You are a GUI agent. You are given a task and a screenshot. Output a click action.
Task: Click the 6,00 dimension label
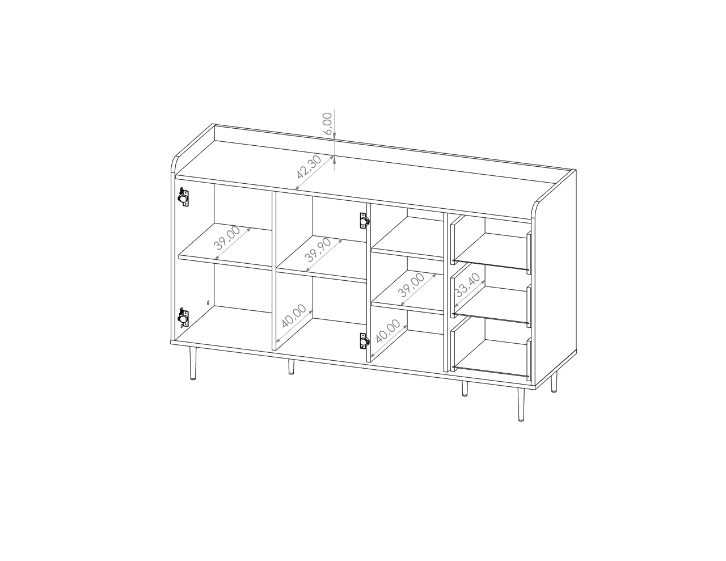328,124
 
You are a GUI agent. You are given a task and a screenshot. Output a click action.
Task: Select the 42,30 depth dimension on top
309,167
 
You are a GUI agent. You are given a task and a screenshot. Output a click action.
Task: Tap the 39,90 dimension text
318,250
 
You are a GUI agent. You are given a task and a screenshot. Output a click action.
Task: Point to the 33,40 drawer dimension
468,285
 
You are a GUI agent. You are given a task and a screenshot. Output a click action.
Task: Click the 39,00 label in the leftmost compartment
227,238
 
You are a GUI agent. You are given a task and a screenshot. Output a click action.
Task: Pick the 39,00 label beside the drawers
412,285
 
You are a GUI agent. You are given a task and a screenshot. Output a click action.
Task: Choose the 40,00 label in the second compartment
294,316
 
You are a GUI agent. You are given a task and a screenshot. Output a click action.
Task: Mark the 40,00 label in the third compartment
388,331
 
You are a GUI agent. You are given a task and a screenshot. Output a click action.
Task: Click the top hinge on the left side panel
183,197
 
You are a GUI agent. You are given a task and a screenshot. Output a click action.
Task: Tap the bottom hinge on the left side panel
183,318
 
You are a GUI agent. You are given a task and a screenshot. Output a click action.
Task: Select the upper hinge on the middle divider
364,221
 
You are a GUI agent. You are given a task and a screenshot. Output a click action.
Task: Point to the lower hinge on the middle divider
364,341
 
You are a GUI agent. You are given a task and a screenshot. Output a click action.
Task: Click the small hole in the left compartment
208,303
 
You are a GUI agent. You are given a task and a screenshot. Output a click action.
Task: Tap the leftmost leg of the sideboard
193,363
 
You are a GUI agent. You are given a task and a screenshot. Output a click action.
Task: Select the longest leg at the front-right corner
521,404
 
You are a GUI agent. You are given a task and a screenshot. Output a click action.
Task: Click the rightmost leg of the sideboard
554,382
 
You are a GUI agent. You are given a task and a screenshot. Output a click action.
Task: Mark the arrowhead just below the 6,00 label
334,133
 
